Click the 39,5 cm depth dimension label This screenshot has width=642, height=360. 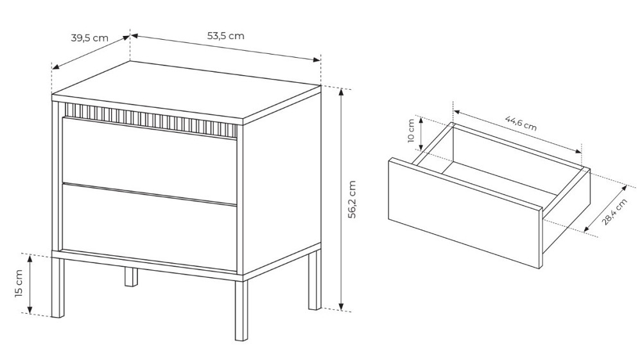point(90,38)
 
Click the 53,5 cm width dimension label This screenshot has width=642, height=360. point(225,36)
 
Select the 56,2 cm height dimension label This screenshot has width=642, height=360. point(352,199)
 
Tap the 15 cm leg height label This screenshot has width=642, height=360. point(19,284)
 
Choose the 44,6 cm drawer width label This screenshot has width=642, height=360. point(521,123)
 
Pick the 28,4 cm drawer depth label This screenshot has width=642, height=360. point(614,212)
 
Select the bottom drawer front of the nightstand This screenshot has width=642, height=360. point(149,227)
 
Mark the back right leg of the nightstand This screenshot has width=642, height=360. point(315,280)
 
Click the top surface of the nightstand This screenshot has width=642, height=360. point(186,91)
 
